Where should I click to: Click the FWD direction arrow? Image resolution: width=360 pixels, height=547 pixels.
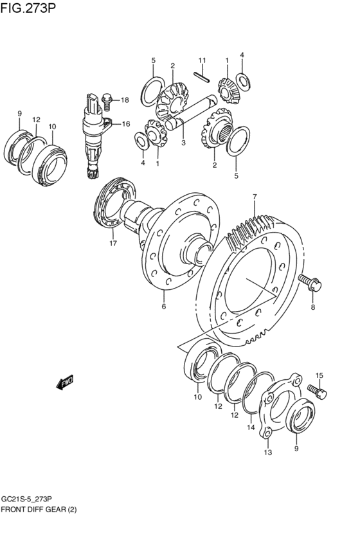pos(65,382)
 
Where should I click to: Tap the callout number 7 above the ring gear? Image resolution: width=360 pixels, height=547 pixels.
pos(255,197)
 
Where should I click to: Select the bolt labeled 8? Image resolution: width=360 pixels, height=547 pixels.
pos(310,282)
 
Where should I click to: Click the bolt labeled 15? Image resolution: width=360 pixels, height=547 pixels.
pos(317,392)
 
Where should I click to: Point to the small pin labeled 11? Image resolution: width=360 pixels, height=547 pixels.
pos(202,77)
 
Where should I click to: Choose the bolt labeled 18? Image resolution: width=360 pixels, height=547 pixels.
pos(107,99)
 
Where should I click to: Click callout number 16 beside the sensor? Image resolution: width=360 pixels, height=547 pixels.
pos(125,124)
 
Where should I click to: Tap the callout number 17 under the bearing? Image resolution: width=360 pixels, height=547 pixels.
pos(113,244)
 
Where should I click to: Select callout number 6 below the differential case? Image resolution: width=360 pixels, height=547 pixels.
pos(163,307)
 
